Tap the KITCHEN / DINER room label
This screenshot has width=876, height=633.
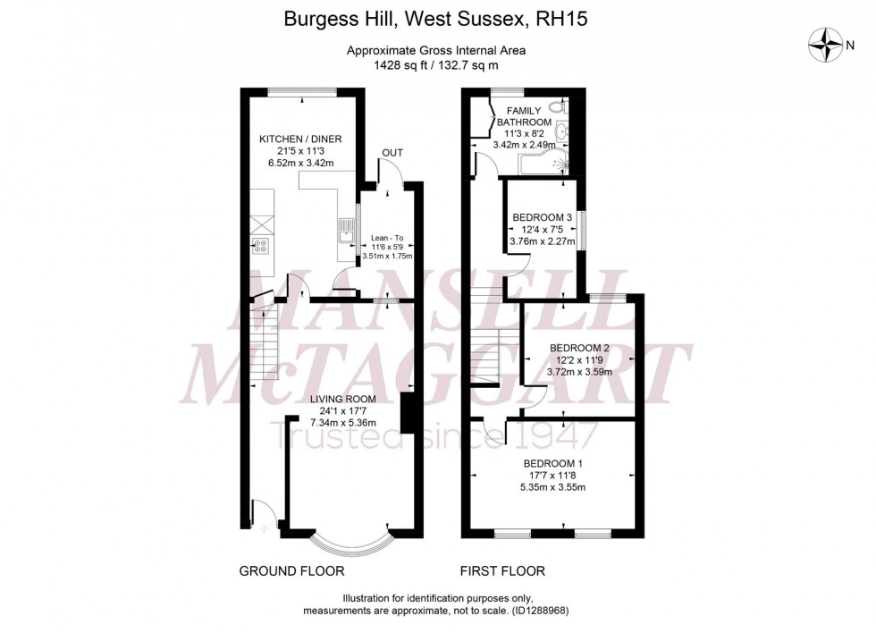[x=300, y=139]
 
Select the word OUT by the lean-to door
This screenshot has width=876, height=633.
[x=392, y=153]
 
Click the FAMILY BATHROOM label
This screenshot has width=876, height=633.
[x=524, y=116]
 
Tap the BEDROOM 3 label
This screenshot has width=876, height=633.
[x=542, y=217]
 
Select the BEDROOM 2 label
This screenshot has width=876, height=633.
[x=579, y=348]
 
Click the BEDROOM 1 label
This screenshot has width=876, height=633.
[x=553, y=463]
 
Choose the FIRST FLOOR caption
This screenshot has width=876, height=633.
[x=503, y=570]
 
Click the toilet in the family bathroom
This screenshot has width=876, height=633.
[x=557, y=108]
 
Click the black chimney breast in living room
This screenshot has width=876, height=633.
[x=407, y=413]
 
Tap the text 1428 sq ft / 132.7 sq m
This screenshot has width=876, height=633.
[x=435, y=65]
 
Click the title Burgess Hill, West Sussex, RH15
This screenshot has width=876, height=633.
[x=435, y=17]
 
